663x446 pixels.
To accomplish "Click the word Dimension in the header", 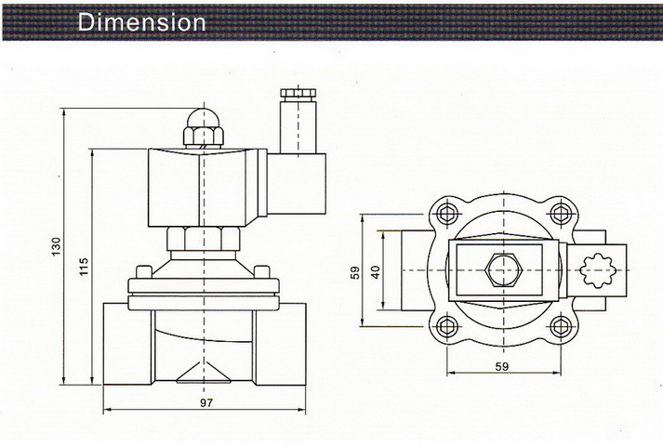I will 142,21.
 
